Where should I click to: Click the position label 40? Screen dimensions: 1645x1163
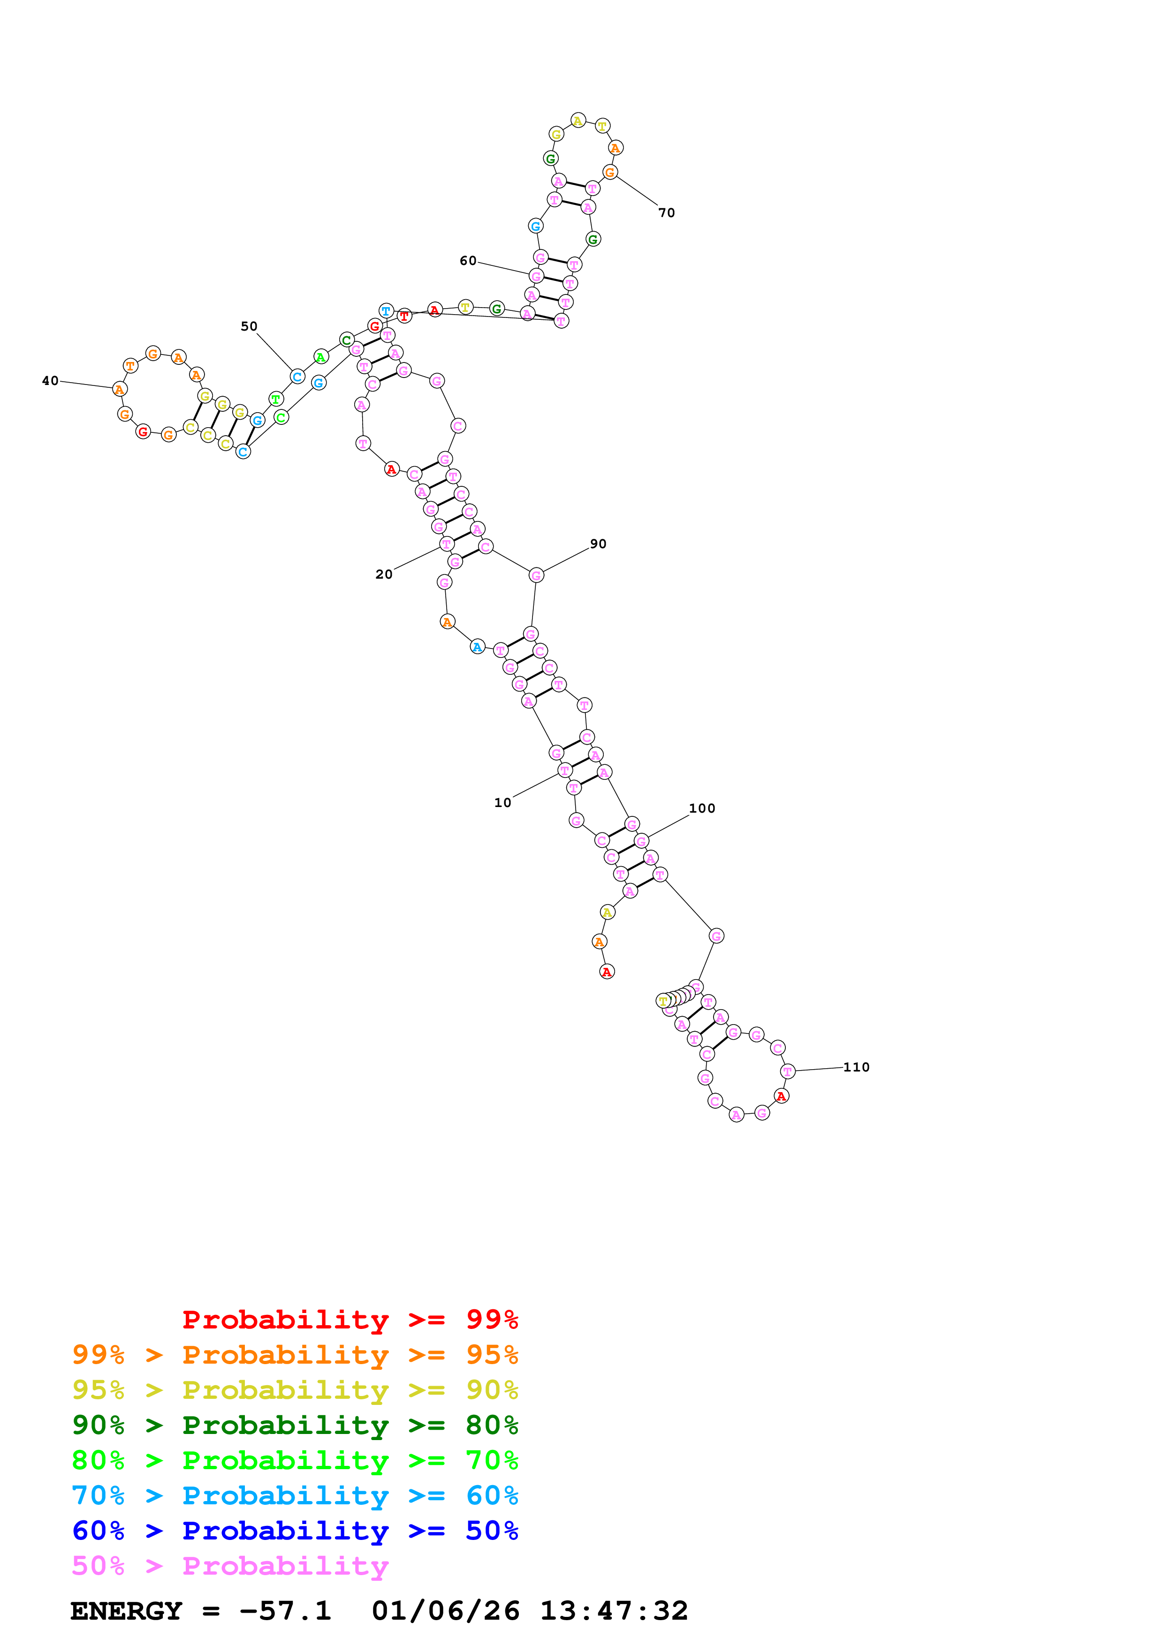coord(50,380)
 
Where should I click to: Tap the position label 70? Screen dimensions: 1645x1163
coord(666,213)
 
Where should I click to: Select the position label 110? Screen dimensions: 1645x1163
coord(856,1067)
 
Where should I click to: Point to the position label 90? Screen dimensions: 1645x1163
coord(598,544)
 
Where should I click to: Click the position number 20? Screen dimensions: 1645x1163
coord(384,574)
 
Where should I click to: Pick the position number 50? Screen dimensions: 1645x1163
coord(249,326)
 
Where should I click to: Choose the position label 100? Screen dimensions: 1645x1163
coord(701,808)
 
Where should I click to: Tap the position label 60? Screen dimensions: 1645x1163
coord(468,261)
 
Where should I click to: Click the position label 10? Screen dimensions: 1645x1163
coord(502,802)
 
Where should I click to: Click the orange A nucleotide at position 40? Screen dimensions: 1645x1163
coord(120,389)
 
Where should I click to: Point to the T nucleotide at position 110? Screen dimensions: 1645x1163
coord(788,1071)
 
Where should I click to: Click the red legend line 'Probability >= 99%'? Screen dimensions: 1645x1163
coord(350,1319)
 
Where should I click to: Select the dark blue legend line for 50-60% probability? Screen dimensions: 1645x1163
coord(295,1531)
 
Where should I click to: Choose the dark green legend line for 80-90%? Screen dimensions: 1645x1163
coord(295,1425)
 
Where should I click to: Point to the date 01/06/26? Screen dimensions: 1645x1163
coord(445,1611)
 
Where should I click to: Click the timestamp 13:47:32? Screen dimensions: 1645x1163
coord(613,1611)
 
